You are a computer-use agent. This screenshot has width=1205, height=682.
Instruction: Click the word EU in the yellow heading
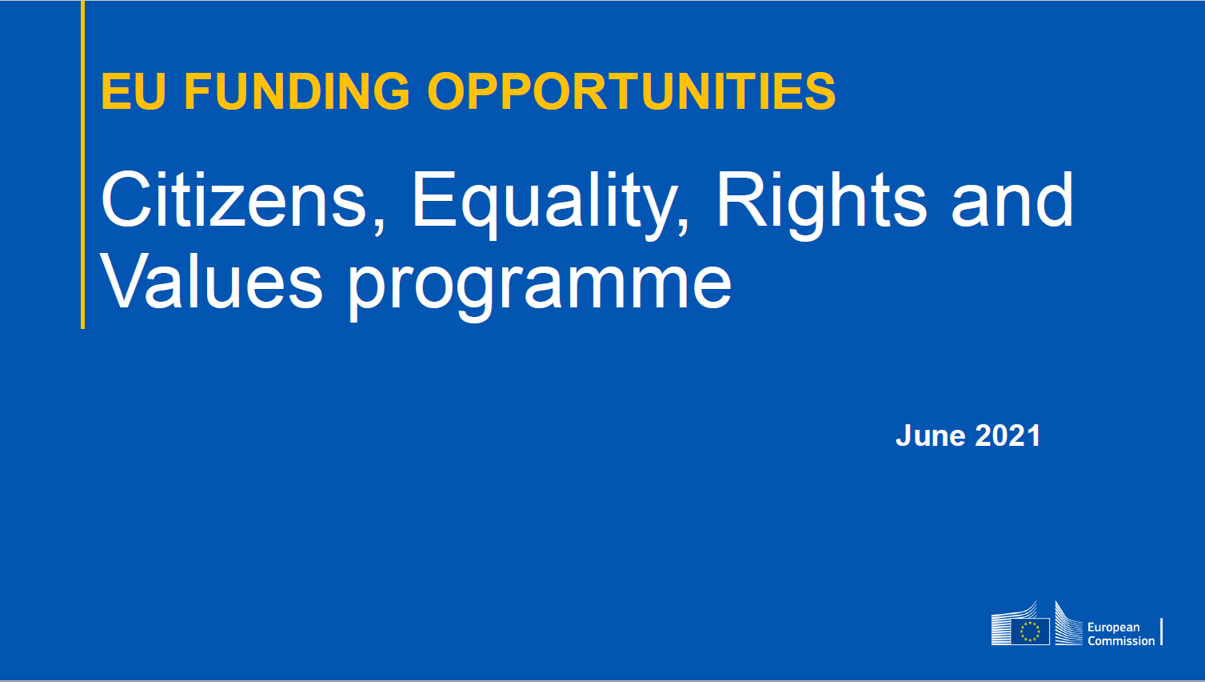[133, 91]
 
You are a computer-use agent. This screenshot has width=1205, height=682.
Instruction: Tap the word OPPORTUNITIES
[632, 91]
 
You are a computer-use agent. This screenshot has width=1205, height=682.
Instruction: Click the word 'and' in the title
[1012, 199]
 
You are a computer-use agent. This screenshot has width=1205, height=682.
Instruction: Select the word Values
[211, 281]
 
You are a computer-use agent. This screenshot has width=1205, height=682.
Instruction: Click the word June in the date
[931, 435]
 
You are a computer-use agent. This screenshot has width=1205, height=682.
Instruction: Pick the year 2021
[1007, 435]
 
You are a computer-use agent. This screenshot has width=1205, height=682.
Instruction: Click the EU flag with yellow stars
[1030, 632]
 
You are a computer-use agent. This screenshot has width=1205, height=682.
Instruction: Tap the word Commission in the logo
[1121, 641]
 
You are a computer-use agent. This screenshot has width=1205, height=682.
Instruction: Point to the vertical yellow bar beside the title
[83, 164]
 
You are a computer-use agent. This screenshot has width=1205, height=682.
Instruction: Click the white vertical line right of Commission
[1162, 632]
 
